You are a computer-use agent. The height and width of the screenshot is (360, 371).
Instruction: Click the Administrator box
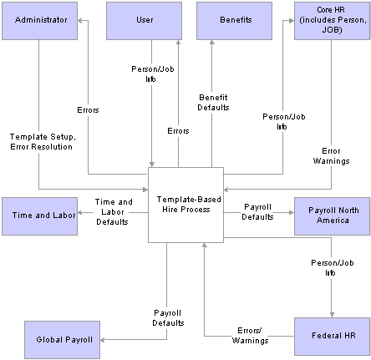coord(39,21)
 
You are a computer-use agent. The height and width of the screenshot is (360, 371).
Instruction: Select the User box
coord(144,21)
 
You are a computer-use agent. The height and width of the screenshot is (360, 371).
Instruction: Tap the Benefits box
coord(234,21)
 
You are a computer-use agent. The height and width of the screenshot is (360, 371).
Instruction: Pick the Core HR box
coord(333,21)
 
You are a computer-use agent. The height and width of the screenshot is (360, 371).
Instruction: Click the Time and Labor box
coord(39,216)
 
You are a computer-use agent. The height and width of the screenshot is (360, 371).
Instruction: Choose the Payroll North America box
coord(333,216)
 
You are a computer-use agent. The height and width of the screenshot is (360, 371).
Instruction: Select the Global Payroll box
coord(62,340)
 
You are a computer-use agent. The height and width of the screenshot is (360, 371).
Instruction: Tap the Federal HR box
coord(333,337)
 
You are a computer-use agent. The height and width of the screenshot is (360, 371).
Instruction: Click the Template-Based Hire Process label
coord(189,205)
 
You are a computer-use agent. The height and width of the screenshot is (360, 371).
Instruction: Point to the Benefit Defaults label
coord(213,103)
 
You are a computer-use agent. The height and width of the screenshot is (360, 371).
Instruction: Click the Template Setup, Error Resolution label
coord(43,142)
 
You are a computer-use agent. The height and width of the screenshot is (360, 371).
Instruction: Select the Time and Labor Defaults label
coord(114,212)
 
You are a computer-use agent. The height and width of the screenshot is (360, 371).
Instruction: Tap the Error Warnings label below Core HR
coord(331,156)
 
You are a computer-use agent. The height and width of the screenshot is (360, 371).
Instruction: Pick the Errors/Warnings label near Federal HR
coord(250,336)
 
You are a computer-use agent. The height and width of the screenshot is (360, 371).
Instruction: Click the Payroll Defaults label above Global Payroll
coord(168,318)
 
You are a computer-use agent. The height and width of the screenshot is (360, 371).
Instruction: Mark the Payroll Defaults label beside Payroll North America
coord(257,212)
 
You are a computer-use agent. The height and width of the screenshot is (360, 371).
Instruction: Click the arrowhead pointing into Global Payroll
coord(102,340)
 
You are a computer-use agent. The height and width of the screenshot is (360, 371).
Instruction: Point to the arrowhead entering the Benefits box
coord(211,42)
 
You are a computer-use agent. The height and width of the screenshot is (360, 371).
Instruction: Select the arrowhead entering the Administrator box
coord(79,21)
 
